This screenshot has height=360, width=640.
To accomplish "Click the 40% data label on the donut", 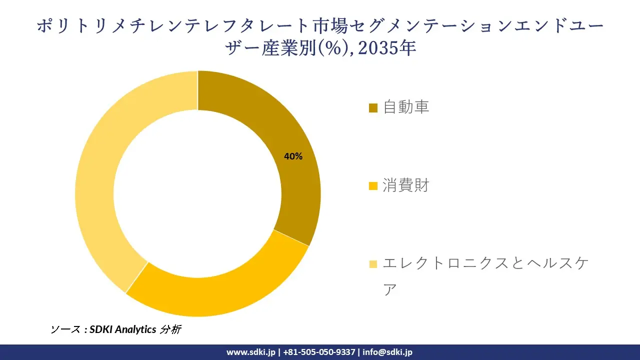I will [x=293, y=156].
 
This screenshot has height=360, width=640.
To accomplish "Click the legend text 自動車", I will [x=406, y=107].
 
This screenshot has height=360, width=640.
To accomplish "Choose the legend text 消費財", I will [x=406, y=186].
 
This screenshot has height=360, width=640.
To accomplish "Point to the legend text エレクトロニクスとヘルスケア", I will [x=483, y=263].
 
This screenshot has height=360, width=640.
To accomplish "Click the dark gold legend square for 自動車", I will [x=373, y=108].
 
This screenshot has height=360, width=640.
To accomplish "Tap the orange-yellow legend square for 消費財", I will [x=373, y=186].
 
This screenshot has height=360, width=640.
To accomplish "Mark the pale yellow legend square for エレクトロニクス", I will [x=373, y=264].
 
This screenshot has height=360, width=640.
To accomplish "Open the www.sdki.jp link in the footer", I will [x=251, y=352].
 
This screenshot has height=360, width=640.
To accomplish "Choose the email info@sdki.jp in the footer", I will [x=387, y=352].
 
